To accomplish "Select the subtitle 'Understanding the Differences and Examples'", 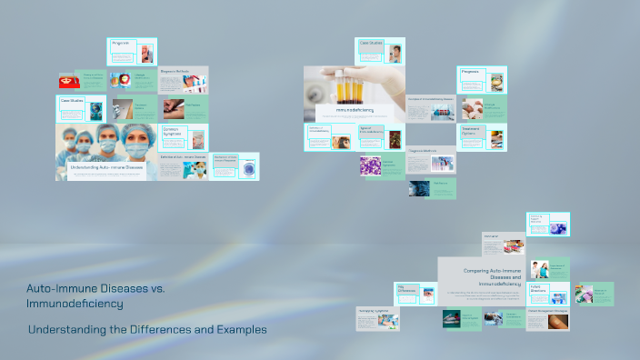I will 147,329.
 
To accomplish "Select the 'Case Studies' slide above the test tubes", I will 380,51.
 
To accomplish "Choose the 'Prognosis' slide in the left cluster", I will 132,51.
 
